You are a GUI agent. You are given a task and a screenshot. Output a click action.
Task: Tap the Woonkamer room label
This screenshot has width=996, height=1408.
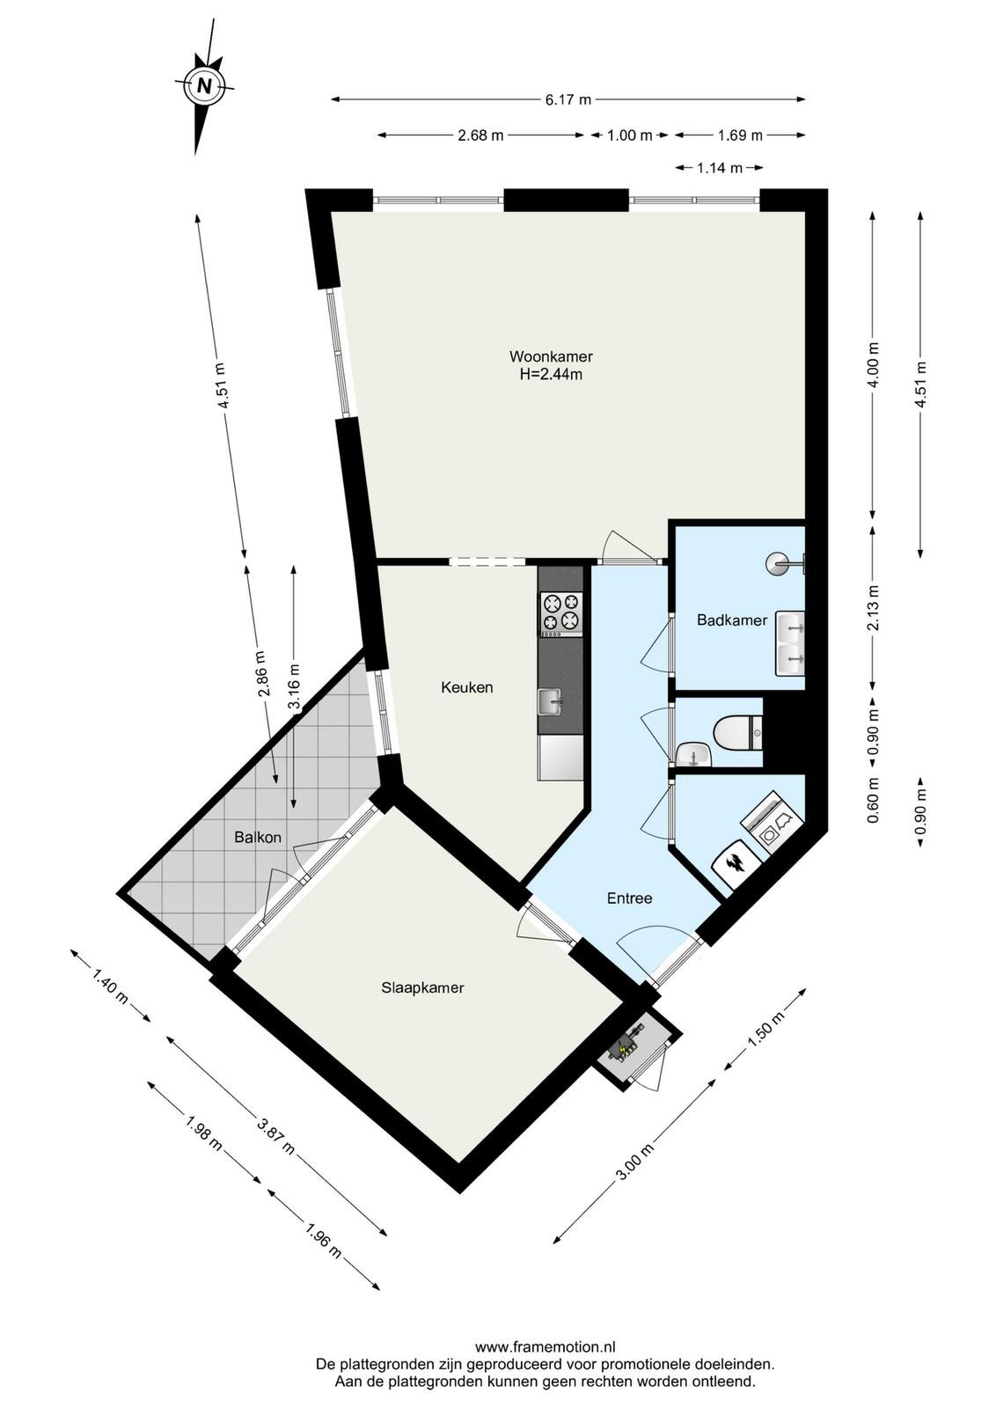click(x=551, y=356)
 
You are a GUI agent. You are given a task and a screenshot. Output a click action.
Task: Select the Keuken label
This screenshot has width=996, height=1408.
click(x=466, y=687)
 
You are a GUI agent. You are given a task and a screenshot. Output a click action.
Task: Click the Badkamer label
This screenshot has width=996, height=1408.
click(x=731, y=620)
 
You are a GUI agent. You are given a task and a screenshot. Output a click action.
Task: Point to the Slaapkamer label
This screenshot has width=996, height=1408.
click(x=422, y=987)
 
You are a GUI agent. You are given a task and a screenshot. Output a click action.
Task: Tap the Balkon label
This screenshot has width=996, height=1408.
click(x=258, y=837)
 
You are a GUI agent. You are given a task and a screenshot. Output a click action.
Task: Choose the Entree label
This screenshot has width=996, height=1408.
click(x=629, y=898)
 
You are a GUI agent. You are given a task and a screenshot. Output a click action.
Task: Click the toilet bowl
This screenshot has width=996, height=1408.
click(x=736, y=732)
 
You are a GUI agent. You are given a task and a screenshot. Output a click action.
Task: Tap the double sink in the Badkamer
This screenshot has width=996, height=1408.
click(x=789, y=643)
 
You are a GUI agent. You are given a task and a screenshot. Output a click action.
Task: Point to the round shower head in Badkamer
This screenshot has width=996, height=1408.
click(x=777, y=563)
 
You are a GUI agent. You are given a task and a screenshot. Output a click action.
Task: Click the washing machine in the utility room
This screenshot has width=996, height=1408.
click(x=773, y=824)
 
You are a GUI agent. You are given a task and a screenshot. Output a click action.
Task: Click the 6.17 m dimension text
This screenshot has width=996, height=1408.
click(x=568, y=99)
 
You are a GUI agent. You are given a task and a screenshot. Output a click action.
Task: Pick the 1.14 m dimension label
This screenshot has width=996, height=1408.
click(x=720, y=168)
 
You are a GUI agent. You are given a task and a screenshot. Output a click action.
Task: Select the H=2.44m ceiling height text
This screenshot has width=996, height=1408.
click(x=551, y=375)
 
